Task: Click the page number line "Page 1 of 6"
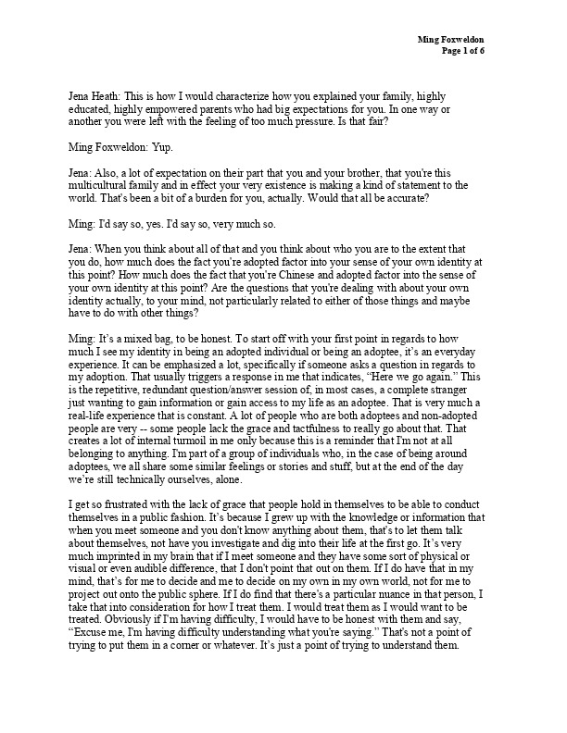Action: (x=470, y=52)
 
